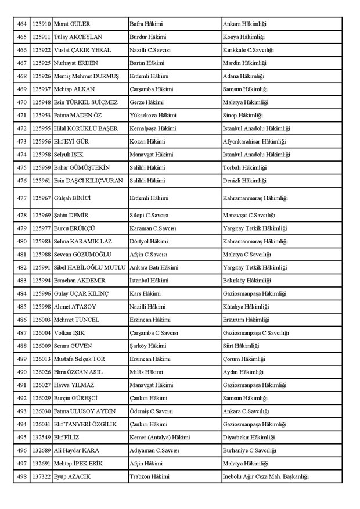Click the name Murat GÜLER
[x=71, y=24]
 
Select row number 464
[x=21, y=24]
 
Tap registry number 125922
[x=41, y=50]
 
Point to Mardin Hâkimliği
[x=244, y=63]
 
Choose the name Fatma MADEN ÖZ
[x=77, y=115]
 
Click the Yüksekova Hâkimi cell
[x=152, y=115]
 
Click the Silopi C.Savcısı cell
[x=149, y=215]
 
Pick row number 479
[x=21, y=228]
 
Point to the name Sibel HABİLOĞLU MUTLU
[x=89, y=267]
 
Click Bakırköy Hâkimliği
[x=246, y=281]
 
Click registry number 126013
[x=41, y=359]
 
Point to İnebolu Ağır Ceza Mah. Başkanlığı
[x=266, y=476]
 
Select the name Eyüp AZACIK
[x=72, y=476]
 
